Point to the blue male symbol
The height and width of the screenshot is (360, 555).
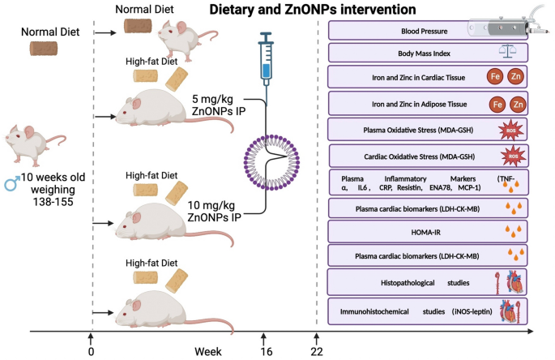coord(11,184)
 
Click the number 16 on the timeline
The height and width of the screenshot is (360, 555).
coord(263,351)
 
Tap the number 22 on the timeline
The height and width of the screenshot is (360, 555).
coord(317,351)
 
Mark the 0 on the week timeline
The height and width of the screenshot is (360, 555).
coord(92,351)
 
